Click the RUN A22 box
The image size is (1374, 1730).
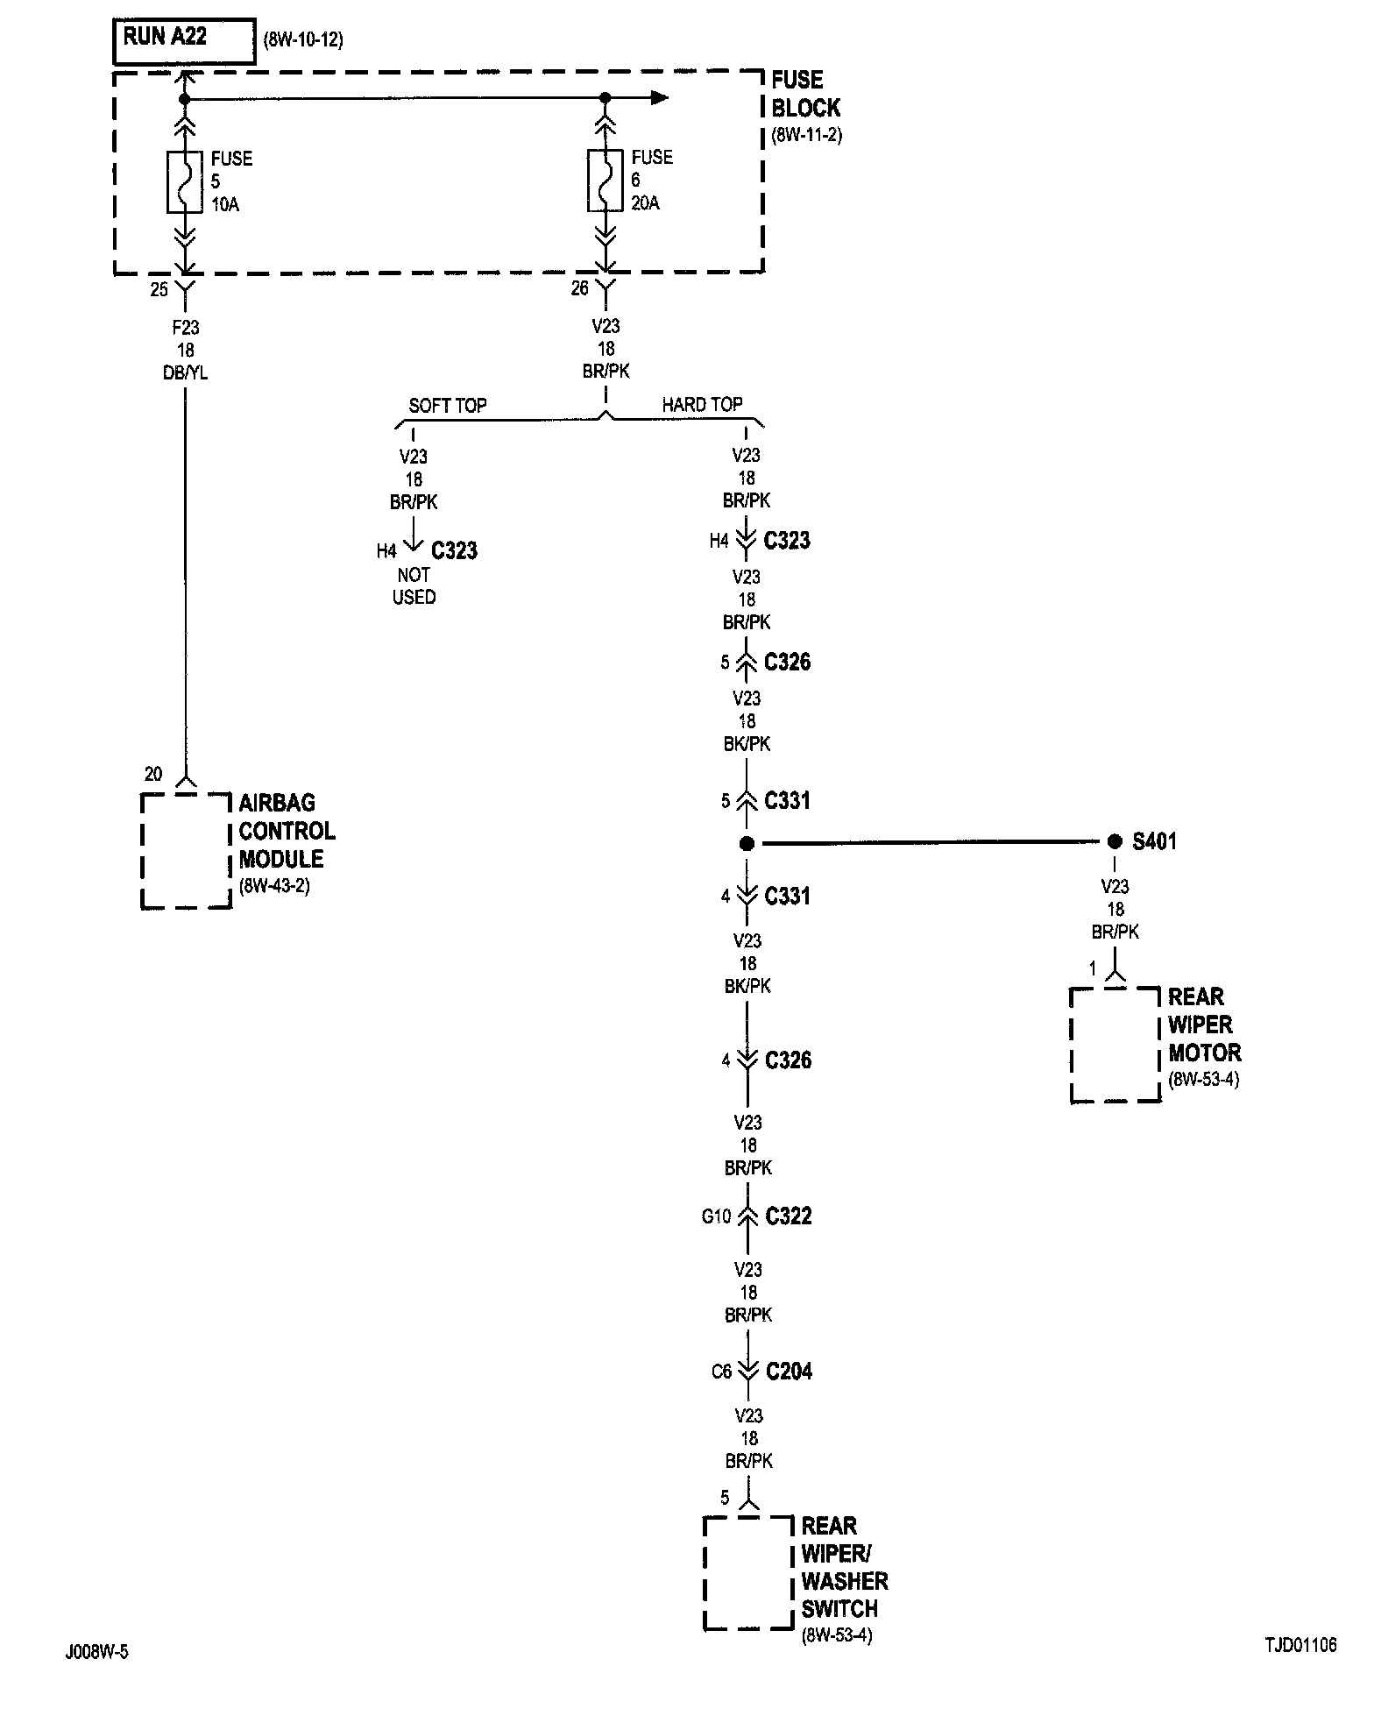click(184, 40)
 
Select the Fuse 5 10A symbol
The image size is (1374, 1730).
click(184, 181)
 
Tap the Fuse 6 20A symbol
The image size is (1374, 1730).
click(604, 181)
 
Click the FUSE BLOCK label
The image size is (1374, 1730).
click(805, 95)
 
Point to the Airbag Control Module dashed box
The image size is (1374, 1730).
click(186, 851)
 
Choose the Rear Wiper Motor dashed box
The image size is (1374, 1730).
click(1115, 1045)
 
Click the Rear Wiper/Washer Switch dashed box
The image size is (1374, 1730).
click(747, 1573)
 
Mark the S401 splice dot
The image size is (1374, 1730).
click(1114, 841)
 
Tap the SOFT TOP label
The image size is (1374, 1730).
click(447, 406)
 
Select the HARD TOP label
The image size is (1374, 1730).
click(702, 405)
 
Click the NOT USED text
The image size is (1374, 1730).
click(414, 586)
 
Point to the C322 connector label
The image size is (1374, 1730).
click(789, 1216)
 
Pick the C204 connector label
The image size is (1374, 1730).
click(789, 1372)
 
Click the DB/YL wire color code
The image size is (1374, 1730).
click(186, 373)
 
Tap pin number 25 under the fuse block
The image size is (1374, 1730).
click(159, 289)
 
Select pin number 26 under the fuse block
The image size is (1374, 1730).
click(579, 288)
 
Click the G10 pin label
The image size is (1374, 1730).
click(717, 1216)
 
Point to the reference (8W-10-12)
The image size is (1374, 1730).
click(303, 40)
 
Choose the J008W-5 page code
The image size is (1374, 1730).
click(96, 1652)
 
